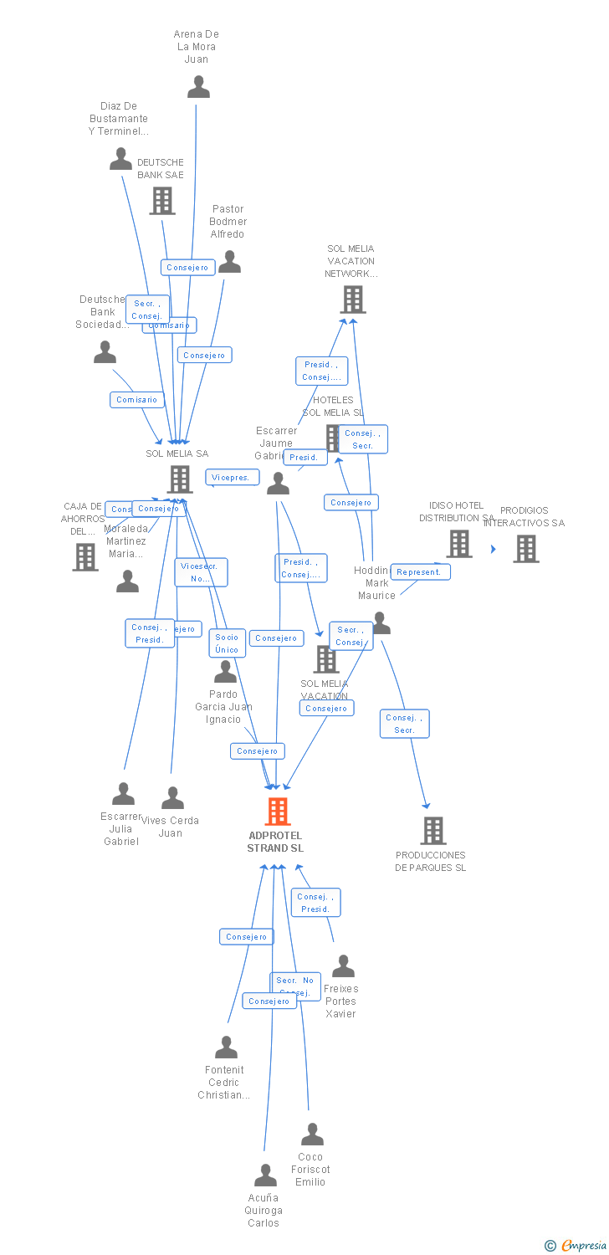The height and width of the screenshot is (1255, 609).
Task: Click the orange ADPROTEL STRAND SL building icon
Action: click(x=278, y=812)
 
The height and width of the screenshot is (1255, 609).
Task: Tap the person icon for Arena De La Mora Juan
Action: click(x=198, y=87)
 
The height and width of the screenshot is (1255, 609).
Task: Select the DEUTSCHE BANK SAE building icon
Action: click(x=161, y=201)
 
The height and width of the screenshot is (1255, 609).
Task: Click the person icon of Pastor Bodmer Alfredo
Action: click(x=229, y=262)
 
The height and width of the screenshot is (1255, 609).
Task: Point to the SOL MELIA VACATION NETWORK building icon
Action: click(x=353, y=300)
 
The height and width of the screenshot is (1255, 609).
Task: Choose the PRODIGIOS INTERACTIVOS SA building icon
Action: click(x=525, y=549)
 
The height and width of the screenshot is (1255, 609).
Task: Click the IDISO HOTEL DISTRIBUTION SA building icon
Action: click(x=458, y=544)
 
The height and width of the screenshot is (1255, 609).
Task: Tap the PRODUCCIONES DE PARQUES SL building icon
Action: click(x=432, y=831)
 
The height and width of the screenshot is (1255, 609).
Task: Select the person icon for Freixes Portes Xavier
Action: click(x=343, y=966)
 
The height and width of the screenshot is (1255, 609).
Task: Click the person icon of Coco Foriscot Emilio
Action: click(x=312, y=1135)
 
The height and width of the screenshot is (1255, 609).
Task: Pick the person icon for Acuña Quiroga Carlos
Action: click(x=265, y=1176)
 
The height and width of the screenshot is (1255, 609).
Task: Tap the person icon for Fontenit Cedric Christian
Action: click(x=226, y=1048)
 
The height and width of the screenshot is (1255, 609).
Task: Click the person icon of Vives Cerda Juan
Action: click(x=172, y=798)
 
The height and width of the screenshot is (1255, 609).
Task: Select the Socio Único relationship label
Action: click(x=227, y=643)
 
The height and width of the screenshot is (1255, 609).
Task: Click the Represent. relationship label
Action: click(x=420, y=572)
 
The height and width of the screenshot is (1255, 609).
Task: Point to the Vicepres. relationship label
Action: click(x=232, y=477)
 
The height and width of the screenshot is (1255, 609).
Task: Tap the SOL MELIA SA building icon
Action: click(x=180, y=479)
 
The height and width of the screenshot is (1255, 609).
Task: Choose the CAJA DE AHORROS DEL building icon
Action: click(x=84, y=556)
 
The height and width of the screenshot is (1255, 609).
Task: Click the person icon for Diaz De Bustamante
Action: click(x=120, y=159)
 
